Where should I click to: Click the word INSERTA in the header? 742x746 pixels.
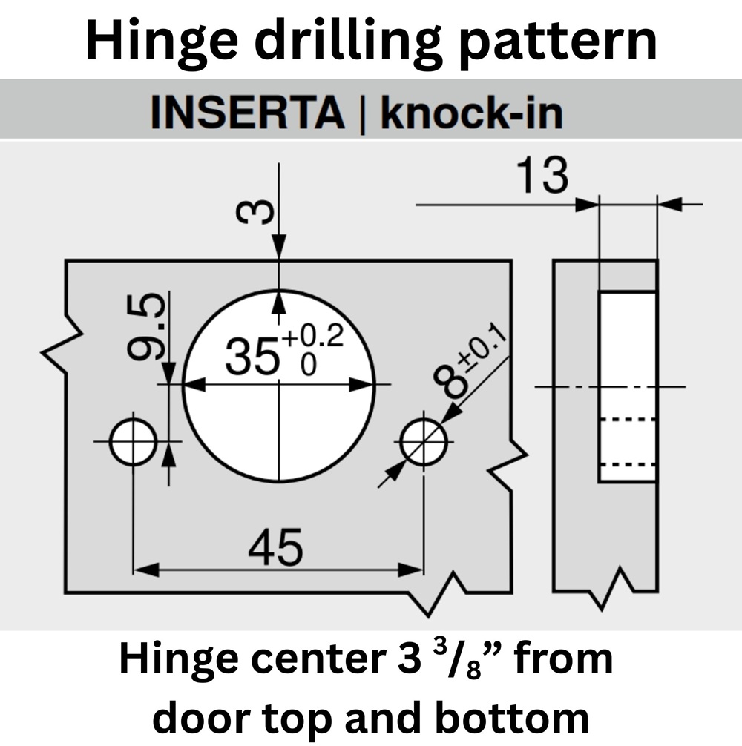(x=247, y=113)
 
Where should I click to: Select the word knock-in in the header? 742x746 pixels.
(x=471, y=113)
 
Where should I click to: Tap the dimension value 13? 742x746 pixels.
(x=542, y=177)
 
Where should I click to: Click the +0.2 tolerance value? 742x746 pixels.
(x=312, y=337)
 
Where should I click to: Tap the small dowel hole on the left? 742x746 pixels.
(x=132, y=442)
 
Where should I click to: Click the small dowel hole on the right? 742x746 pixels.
(x=423, y=442)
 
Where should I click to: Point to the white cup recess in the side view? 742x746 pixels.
(x=628, y=386)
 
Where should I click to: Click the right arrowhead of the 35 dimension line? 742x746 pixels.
(x=364, y=384)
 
